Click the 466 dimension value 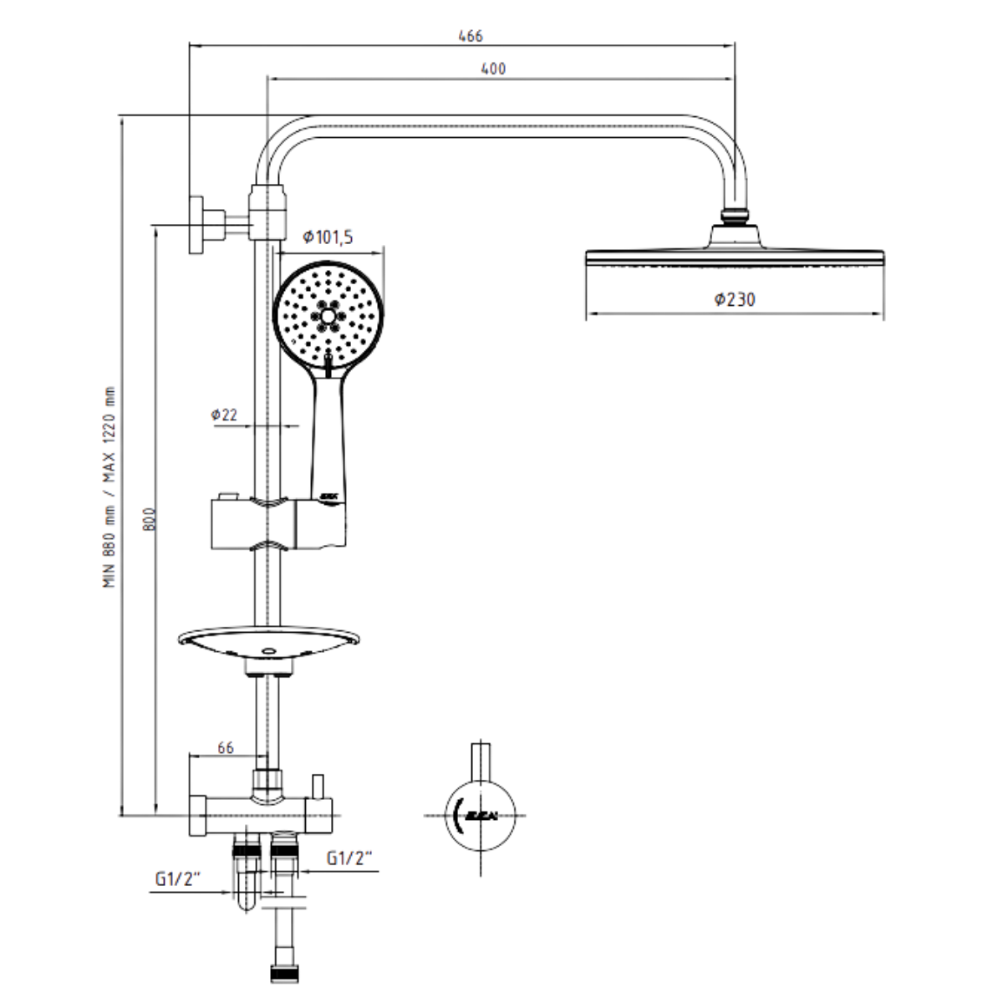click(471, 36)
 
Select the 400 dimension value click(493, 69)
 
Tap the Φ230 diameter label click(735, 298)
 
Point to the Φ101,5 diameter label click(328, 237)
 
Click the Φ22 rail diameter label click(224, 415)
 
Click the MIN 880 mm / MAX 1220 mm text click(110, 487)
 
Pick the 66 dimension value click(225, 748)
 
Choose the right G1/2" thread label click(349, 858)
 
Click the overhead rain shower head click(735, 256)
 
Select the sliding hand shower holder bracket click(276, 523)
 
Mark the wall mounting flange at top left click(197, 224)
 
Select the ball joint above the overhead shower click(735, 216)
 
